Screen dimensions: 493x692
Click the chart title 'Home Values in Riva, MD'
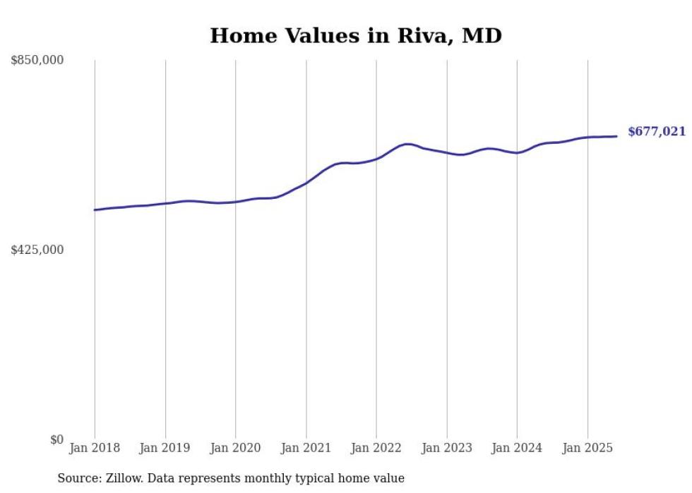(x=356, y=36)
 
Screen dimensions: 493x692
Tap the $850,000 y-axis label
(x=37, y=61)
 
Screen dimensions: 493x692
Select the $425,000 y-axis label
(x=37, y=250)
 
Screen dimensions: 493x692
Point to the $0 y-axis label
(x=56, y=439)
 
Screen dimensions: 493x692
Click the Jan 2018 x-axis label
(x=95, y=448)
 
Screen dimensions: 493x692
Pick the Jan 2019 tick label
(x=165, y=448)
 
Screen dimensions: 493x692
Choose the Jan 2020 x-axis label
(x=235, y=448)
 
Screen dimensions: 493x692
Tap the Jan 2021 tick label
(x=306, y=448)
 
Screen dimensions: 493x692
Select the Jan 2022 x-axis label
(x=376, y=448)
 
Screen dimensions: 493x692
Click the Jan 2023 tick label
(x=446, y=448)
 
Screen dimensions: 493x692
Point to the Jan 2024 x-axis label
(x=517, y=448)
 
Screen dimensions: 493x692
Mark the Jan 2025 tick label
(x=587, y=448)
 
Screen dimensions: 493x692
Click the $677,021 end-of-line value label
(x=656, y=132)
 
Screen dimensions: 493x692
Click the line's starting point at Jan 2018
(x=95, y=210)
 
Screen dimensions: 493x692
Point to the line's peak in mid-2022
(x=407, y=144)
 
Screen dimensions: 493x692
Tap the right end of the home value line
(x=617, y=136)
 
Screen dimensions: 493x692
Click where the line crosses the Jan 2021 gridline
(x=306, y=183)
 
